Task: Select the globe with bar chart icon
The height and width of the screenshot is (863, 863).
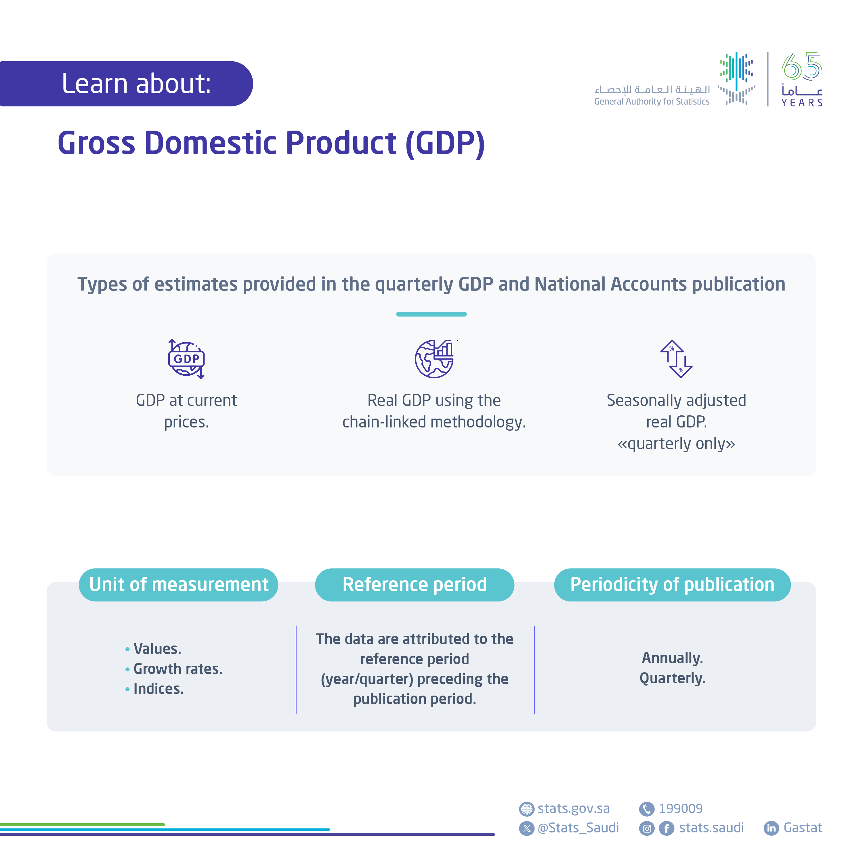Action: click(x=434, y=359)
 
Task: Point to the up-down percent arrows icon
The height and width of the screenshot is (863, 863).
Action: click(x=676, y=359)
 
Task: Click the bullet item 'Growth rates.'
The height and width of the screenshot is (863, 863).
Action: click(x=178, y=669)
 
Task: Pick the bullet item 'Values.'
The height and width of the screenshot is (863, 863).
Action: click(x=157, y=649)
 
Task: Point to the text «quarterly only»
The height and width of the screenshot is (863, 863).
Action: click(x=676, y=444)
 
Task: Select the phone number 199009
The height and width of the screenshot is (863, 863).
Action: click(x=680, y=809)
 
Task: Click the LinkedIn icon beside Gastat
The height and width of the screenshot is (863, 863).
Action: click(x=771, y=828)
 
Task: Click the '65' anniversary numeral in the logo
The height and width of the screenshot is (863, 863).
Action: click(x=801, y=67)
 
